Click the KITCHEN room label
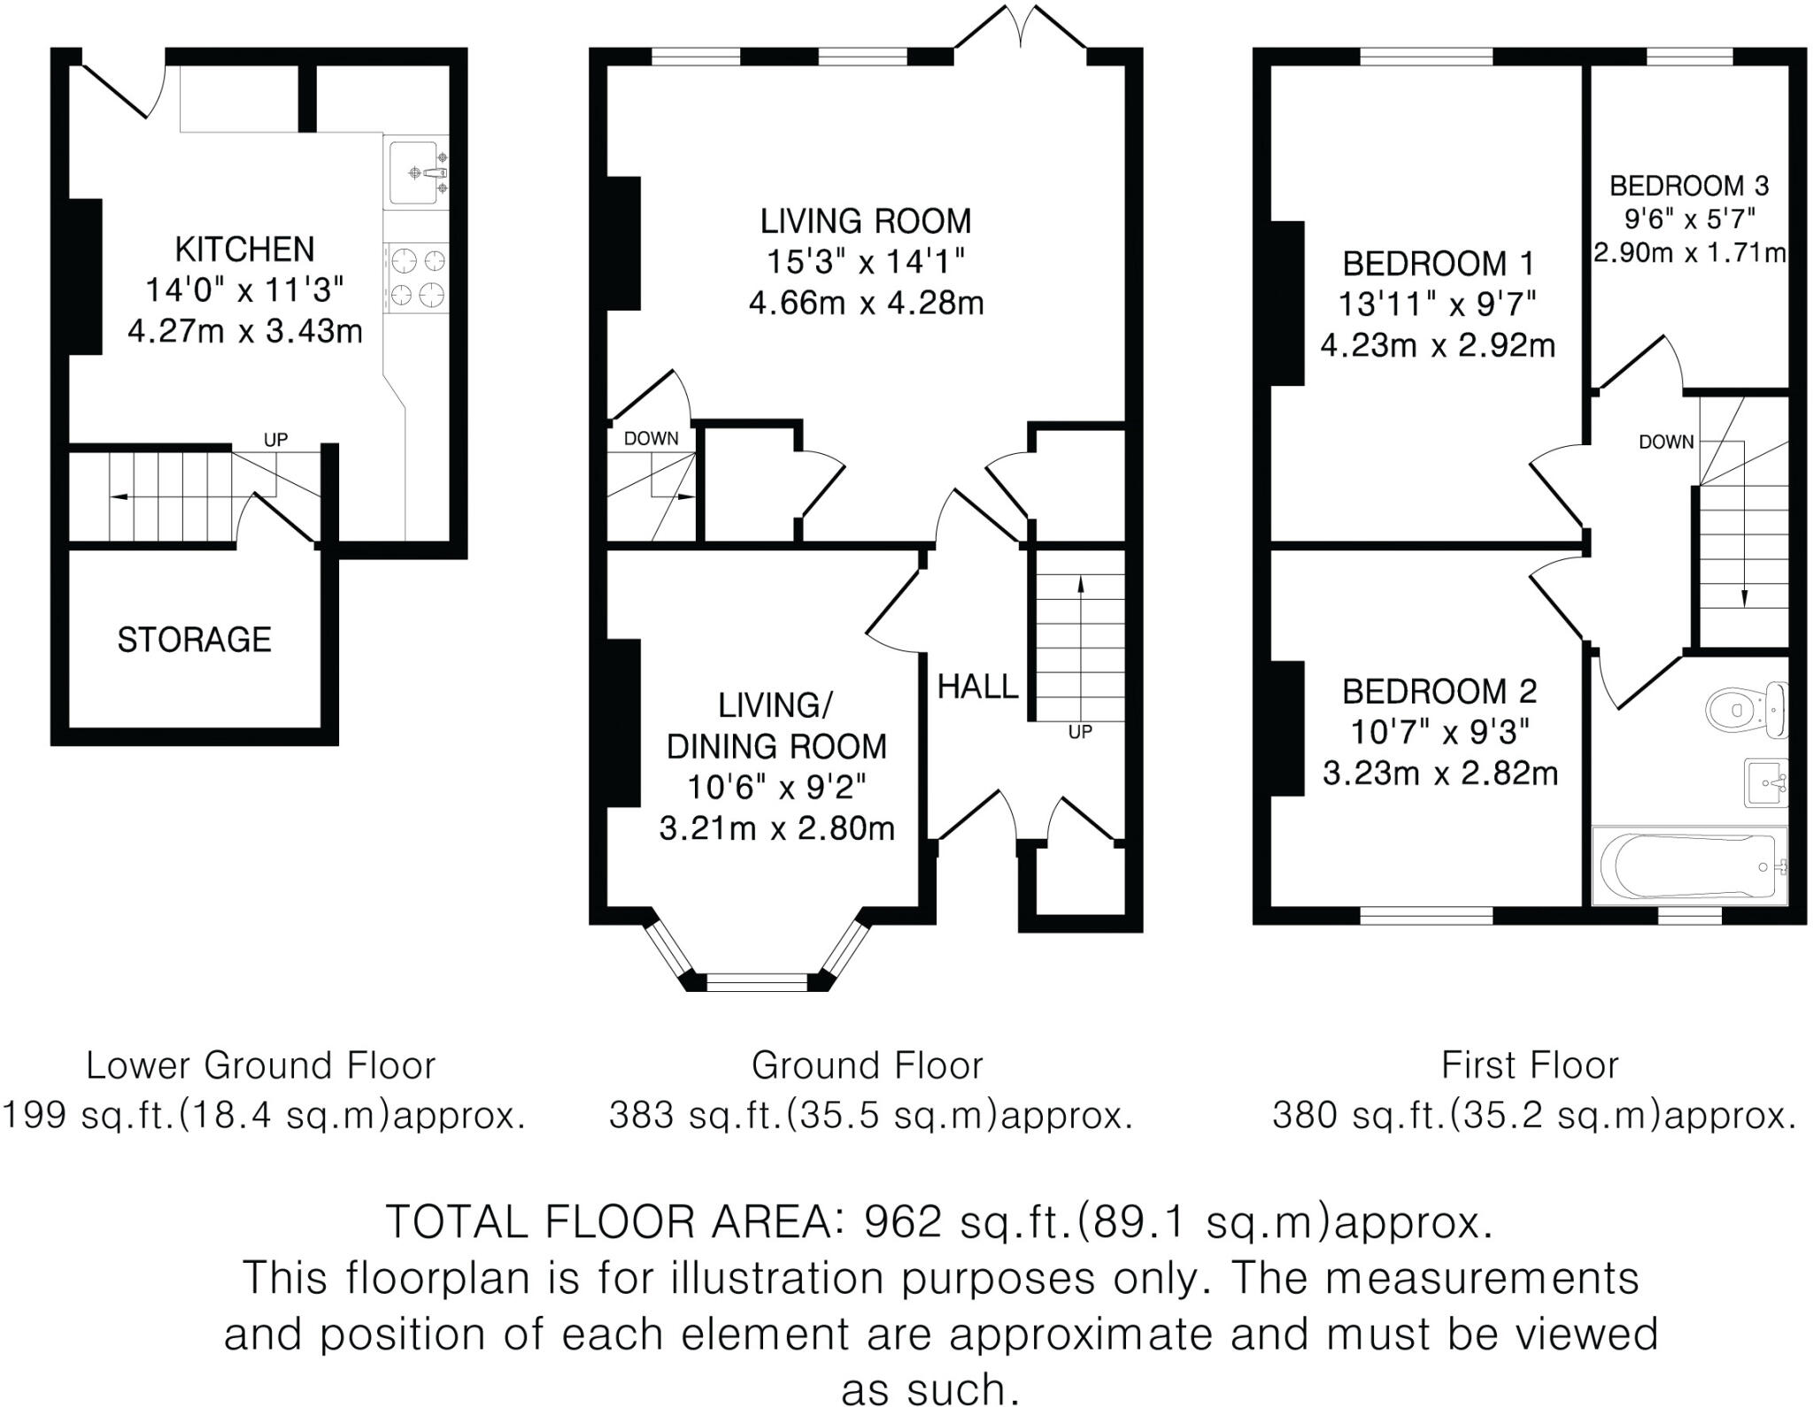(244, 250)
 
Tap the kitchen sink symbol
(414, 172)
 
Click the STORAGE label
(194, 639)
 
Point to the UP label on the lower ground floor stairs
(275, 440)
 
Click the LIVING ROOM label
(866, 220)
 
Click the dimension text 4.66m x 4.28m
(866, 304)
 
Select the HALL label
(977, 687)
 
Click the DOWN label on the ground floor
(651, 438)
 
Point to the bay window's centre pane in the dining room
(757, 980)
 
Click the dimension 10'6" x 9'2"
(776, 787)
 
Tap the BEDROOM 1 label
(1437, 264)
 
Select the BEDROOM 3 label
(1688, 186)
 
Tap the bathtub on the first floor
(1689, 866)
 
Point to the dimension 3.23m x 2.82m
(1439, 773)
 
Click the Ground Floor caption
(867, 1065)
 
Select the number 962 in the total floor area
(903, 1222)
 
